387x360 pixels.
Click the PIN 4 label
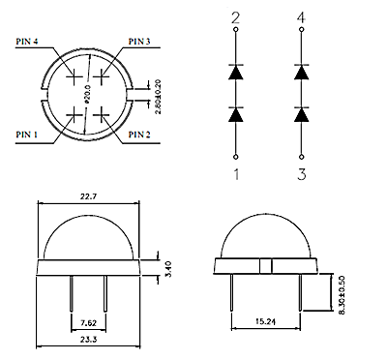coord(27,42)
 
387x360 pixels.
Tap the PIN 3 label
coord(139,42)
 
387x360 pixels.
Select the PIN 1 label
coord(27,135)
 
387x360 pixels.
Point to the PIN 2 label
coord(139,135)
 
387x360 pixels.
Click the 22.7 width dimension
coord(88,196)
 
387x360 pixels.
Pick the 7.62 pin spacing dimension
coord(88,322)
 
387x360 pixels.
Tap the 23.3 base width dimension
coord(88,339)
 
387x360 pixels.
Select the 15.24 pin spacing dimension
coord(266,321)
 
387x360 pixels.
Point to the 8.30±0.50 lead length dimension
coord(342,294)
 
